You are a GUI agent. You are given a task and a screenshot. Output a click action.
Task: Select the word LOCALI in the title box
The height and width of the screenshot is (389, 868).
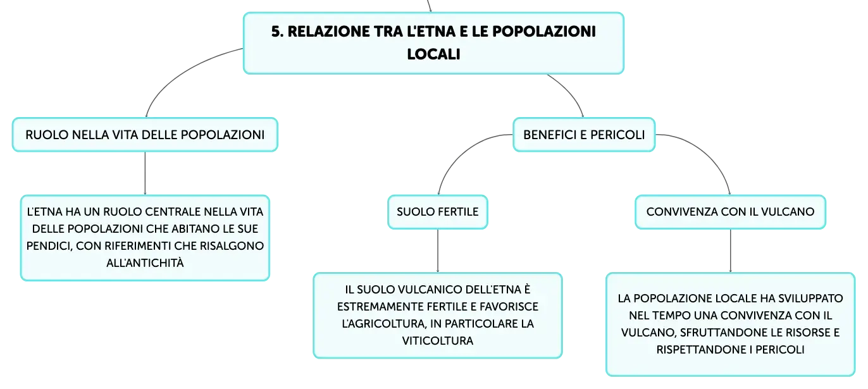433,54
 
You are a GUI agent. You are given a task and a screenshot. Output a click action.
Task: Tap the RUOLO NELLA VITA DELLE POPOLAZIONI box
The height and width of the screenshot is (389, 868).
145,135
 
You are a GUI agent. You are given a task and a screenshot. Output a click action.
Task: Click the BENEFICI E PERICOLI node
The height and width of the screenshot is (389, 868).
584,135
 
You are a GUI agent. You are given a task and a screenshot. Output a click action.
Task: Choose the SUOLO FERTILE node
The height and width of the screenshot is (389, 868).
438,212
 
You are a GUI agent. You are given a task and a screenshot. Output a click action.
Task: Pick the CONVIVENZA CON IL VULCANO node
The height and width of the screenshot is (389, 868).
731,212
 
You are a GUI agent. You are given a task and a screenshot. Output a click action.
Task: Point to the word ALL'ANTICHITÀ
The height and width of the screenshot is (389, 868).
145,263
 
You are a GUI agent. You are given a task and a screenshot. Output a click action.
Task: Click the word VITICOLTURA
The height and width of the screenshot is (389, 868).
438,341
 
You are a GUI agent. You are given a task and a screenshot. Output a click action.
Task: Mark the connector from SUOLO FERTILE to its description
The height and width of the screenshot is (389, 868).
438,250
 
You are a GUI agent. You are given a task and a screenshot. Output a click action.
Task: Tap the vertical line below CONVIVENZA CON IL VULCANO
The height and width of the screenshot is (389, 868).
731,250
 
